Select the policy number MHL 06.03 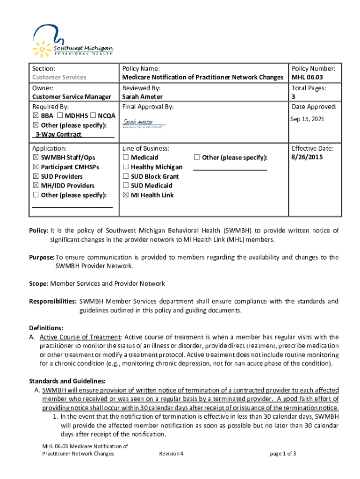click(307, 77)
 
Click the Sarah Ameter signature click(138, 122)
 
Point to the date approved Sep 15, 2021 click(307, 119)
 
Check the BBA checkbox click(36, 116)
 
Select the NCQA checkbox click(94, 116)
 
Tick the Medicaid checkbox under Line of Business click(126, 158)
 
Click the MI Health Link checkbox click(126, 195)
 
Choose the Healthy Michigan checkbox click(126, 167)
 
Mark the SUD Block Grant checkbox click(126, 176)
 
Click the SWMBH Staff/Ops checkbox click(36, 158)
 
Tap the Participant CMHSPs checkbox click(36, 167)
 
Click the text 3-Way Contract click(58, 135)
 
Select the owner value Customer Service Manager click(72, 97)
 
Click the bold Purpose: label click(42, 257)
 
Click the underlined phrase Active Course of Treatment click(80, 337)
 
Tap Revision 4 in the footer click(171, 454)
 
